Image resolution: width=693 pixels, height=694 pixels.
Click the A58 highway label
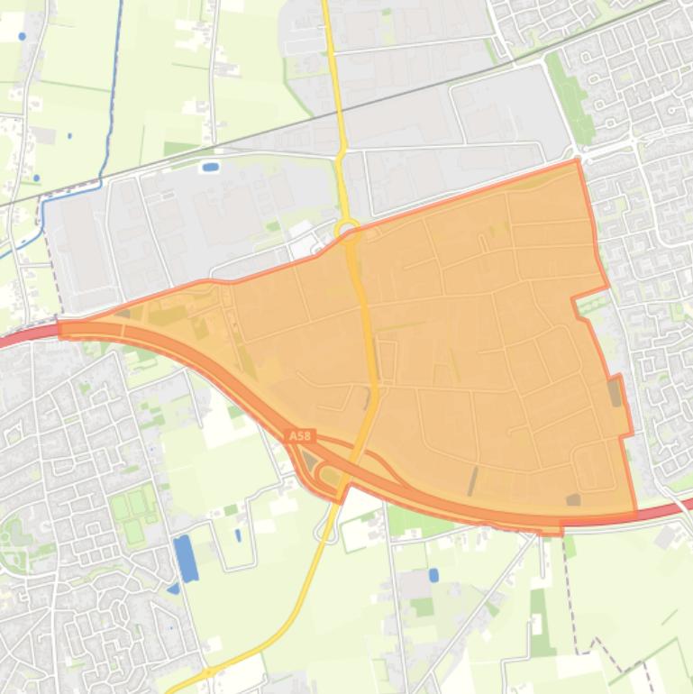tap(300, 436)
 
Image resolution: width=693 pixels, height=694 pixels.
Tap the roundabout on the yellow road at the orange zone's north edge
tap(347, 229)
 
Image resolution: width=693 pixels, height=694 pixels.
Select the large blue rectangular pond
tap(185, 558)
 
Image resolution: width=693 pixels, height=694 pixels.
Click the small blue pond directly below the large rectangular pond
tap(173, 589)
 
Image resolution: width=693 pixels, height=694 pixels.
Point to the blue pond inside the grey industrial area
tap(210, 167)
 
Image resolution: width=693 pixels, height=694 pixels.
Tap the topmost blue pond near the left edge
tap(22, 36)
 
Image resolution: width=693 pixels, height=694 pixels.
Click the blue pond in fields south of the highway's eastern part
tap(433, 574)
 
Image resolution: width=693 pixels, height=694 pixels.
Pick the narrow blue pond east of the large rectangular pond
tap(238, 534)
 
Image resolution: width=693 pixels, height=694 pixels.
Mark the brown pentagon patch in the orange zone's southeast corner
tap(573, 499)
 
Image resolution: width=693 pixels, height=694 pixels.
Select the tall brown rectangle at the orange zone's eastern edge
tap(615, 393)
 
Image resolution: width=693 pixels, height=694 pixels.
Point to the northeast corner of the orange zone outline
tap(578, 161)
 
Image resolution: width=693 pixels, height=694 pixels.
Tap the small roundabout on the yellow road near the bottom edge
tap(206, 672)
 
